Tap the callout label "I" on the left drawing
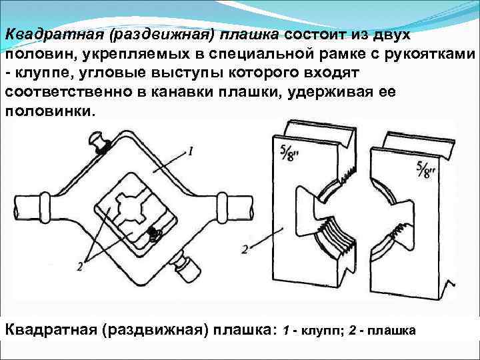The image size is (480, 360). (x=191, y=151)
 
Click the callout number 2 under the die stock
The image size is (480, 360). (x=80, y=265)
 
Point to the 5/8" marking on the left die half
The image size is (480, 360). (x=282, y=155)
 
